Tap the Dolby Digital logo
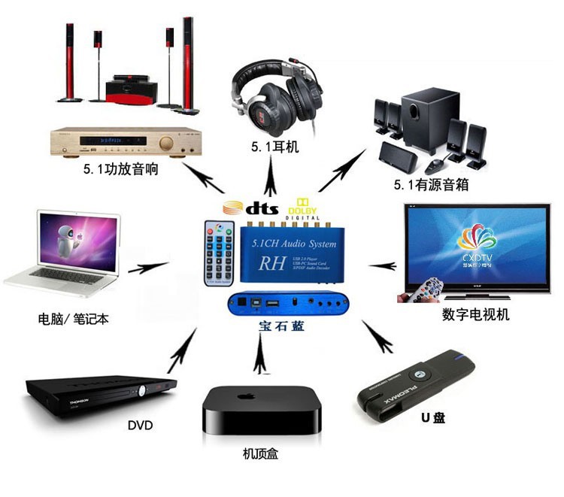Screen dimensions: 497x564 coord(302,207)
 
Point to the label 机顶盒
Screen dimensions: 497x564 coord(258,454)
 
